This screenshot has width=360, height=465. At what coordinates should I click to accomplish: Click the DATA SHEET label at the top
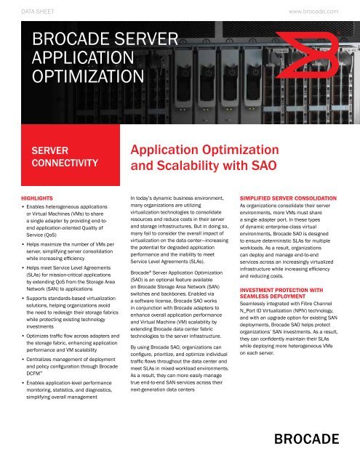[x=36, y=12]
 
